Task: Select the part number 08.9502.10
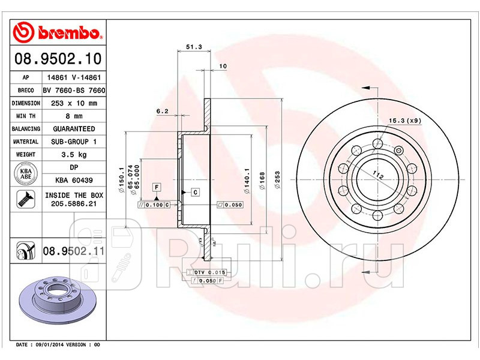58,59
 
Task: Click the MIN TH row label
25,116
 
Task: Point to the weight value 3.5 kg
73,154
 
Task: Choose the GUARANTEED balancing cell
73,129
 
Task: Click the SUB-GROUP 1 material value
73,142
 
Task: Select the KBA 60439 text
73,179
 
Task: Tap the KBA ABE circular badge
26,173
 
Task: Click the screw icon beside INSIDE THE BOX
26,199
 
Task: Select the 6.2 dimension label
161,111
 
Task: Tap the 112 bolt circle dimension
377,175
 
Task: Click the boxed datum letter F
156,187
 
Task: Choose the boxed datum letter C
195,192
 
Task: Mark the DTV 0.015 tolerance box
206,273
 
